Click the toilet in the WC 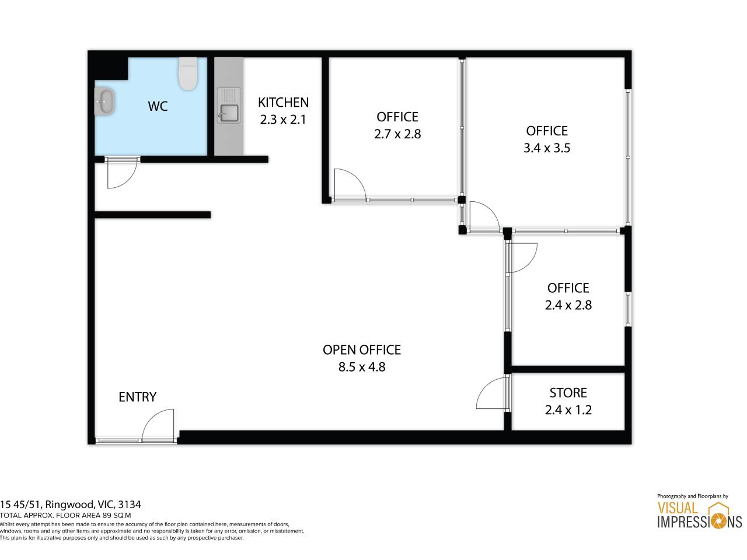(x=188, y=73)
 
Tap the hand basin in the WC (x=105, y=101)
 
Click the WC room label (x=158, y=106)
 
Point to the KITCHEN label (x=283, y=102)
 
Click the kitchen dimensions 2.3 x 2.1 (x=283, y=120)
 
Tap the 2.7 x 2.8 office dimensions (x=397, y=134)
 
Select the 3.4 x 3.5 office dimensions (x=547, y=148)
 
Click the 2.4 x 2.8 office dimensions (x=568, y=305)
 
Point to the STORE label (x=568, y=393)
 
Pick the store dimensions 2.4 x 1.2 (x=568, y=409)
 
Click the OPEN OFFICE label (x=362, y=350)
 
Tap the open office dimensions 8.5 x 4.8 (x=362, y=367)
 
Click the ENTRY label (x=138, y=397)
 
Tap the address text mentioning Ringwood (x=71, y=504)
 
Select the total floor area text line (x=65, y=516)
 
